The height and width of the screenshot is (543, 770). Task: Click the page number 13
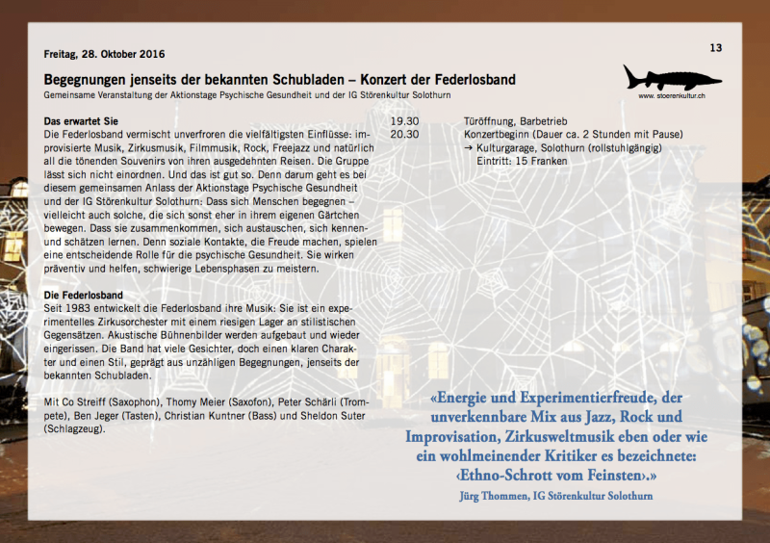(715, 48)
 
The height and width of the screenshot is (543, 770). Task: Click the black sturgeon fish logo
(671, 77)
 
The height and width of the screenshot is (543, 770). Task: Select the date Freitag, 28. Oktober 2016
(105, 54)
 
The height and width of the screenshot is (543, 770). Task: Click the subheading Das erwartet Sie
(81, 121)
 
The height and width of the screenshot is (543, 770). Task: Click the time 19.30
(404, 121)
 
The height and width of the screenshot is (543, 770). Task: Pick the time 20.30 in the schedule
(404, 135)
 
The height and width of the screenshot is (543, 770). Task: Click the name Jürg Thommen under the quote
(503, 495)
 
